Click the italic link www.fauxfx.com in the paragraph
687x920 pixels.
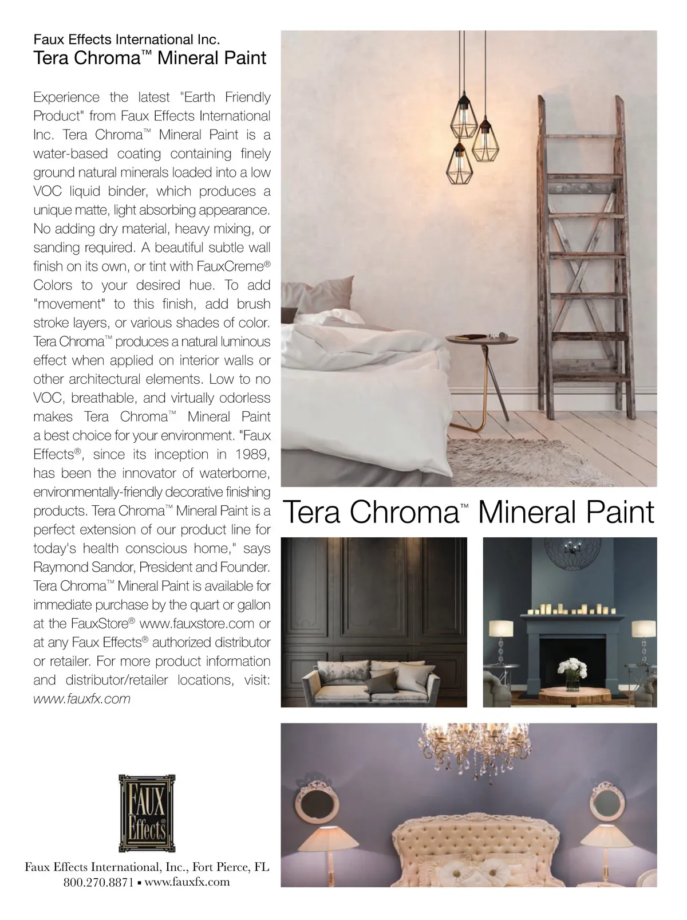[82, 699]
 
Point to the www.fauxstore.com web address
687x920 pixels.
[197, 623]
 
